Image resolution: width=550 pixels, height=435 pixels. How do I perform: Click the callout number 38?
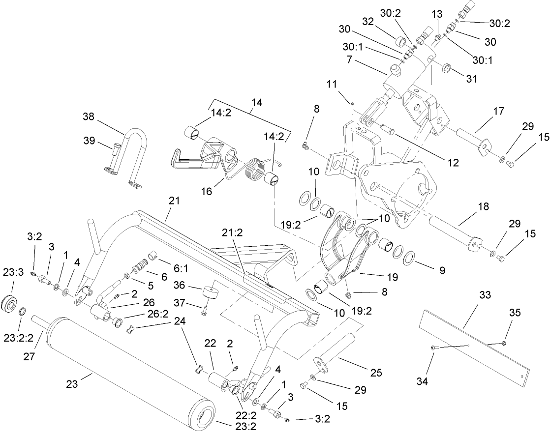[89, 117]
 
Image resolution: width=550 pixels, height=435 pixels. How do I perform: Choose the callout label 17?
[498, 112]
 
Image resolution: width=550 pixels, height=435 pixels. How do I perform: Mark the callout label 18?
[483, 206]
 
